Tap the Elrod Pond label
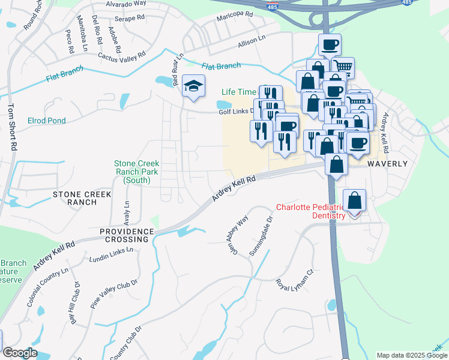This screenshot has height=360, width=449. tap(47, 121)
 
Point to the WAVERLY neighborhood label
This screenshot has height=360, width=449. tap(388, 164)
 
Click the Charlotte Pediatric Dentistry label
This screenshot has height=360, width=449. tap(310, 212)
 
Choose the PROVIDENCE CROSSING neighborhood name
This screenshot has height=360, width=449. tap(124, 235)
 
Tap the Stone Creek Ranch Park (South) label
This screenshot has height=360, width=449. tap(136, 171)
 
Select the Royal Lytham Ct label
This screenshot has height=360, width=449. tap(295, 280)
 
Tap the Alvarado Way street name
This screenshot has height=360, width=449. tap(126, 4)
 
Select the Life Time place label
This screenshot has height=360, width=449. tap(239, 92)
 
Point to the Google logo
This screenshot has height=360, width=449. tap(19, 353)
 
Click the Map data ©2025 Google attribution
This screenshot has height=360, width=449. tap(412, 355)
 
